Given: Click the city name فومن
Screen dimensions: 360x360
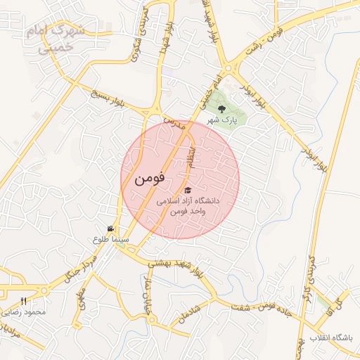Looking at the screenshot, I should tap(149, 179).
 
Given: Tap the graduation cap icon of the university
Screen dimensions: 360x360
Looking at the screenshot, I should tap(187, 191).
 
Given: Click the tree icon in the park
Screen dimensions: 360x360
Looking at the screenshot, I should tap(222, 109).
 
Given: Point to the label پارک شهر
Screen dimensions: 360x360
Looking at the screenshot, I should tap(222, 120).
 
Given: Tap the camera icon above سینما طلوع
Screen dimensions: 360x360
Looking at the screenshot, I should tap(110, 229).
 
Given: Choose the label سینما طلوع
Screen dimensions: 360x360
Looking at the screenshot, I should tap(110, 239).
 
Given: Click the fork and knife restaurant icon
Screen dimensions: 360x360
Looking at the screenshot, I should tap(23, 301).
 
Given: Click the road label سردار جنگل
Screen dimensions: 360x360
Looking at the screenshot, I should tap(79, 266).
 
